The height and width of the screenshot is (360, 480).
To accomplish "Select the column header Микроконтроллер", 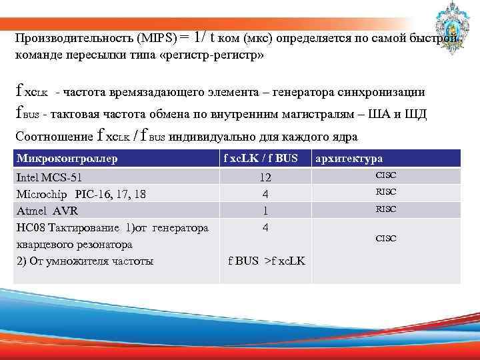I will [67, 159].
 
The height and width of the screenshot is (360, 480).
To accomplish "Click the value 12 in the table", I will [265, 177].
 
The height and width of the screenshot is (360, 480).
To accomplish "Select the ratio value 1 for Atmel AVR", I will [265, 211].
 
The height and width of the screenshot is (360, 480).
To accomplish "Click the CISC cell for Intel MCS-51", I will [386, 175].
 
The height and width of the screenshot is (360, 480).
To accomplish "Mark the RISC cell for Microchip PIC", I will [386, 192].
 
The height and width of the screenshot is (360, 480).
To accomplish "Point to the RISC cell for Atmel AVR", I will [386, 209].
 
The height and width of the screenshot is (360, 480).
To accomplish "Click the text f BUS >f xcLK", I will [266, 261].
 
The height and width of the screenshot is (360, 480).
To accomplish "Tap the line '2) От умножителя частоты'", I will [83, 261].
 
